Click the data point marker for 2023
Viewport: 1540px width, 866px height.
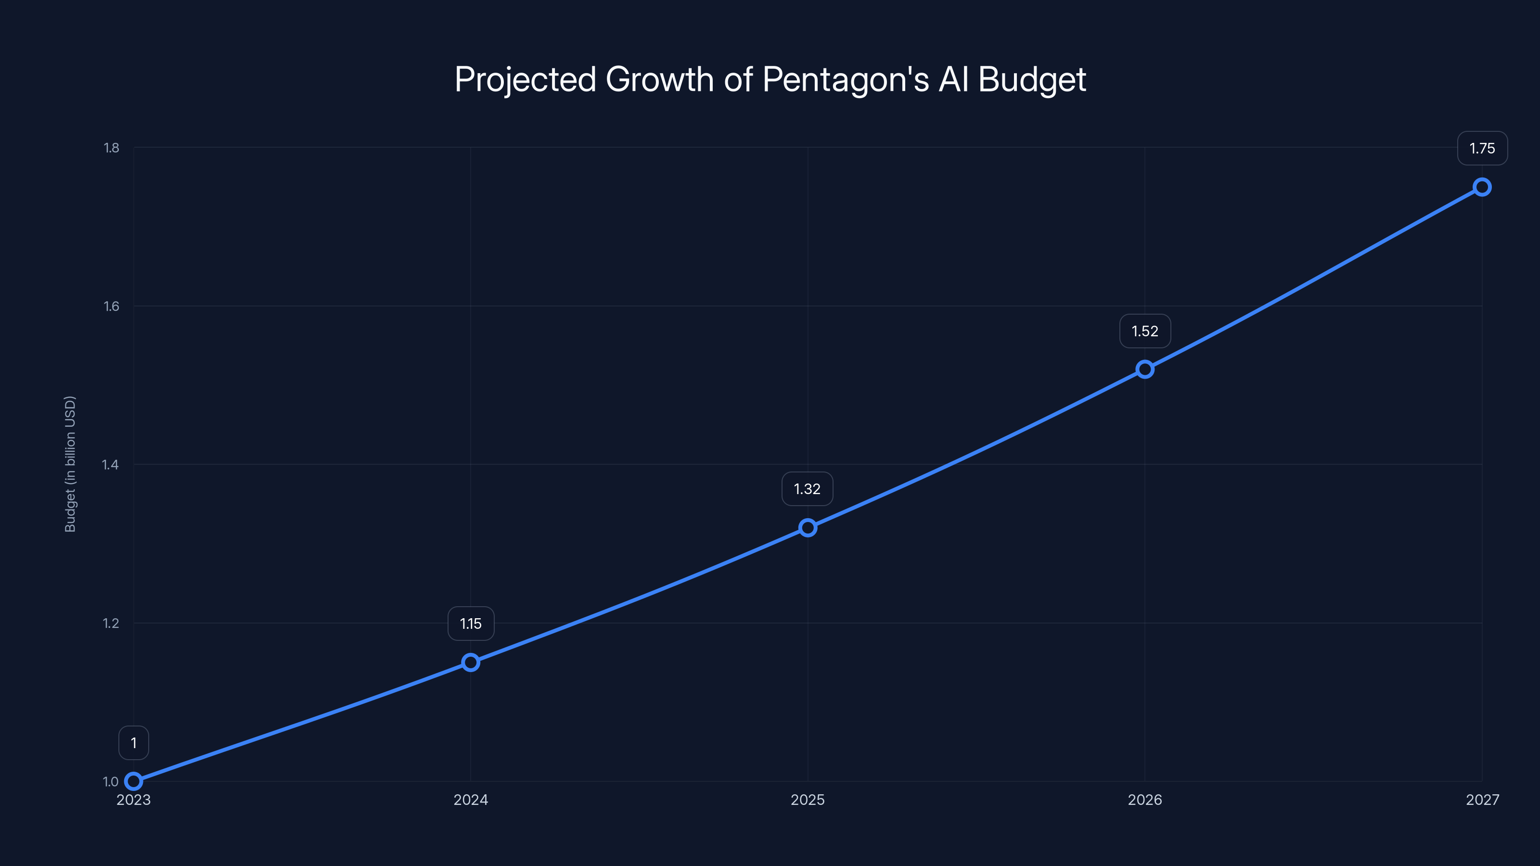(133, 781)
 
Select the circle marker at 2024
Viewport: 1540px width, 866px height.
(471, 662)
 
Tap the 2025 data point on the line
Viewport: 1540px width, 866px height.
(808, 528)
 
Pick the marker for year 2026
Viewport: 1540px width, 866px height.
(1145, 369)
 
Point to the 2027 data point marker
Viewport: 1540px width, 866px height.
(1482, 187)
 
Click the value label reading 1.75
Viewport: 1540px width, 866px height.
(1482, 148)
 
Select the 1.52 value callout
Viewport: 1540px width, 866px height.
(1145, 331)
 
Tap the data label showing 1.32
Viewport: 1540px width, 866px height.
(807, 489)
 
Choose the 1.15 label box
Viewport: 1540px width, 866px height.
(471, 624)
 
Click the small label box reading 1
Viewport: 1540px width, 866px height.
(133, 743)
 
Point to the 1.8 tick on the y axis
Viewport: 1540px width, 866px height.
(111, 148)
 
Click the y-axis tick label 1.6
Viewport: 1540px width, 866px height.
(111, 306)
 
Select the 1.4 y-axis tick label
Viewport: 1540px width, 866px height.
(111, 464)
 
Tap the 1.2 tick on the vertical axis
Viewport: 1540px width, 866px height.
(111, 623)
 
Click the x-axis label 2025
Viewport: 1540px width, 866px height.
(808, 800)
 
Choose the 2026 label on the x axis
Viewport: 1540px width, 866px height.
(1145, 800)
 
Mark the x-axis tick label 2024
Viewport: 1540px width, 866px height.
(471, 800)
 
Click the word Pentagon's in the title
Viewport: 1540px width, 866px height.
(846, 79)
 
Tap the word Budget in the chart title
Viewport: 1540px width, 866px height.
(1032, 79)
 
